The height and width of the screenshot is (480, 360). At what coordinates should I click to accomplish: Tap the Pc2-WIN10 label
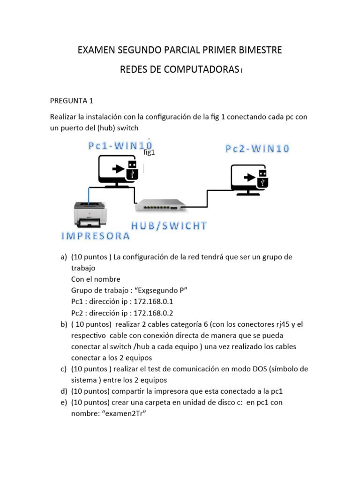tap(257, 149)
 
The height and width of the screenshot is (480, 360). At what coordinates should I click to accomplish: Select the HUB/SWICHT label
tap(169, 226)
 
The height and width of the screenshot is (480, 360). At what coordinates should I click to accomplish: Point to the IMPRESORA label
tap(96, 236)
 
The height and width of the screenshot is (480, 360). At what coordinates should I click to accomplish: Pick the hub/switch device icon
tap(160, 204)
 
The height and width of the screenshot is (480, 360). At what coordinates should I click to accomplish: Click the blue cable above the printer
tap(88, 193)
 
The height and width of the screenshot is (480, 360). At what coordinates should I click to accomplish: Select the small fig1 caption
tap(149, 152)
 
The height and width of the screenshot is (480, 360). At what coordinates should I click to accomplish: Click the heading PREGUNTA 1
tap(71, 100)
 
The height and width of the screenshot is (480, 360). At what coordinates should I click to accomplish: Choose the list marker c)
tap(63, 369)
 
